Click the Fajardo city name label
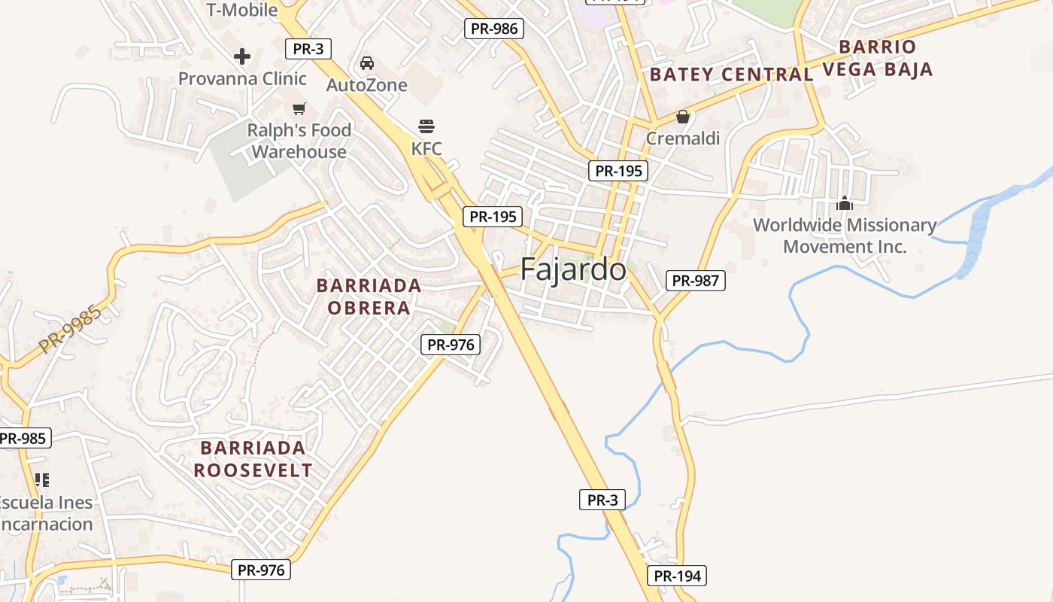[x=573, y=269]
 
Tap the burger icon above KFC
[x=426, y=126]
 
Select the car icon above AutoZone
[x=367, y=62]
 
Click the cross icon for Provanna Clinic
[x=242, y=56]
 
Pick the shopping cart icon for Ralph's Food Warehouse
[x=299, y=108]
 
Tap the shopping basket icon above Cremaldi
[x=683, y=117]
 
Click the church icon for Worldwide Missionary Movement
[x=845, y=203]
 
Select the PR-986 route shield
[x=493, y=29]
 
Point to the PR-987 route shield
[x=696, y=281]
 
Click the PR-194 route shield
[x=677, y=576]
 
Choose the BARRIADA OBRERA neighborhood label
[x=369, y=296]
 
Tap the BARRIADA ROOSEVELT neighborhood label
[x=253, y=459]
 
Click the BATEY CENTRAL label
[x=731, y=74]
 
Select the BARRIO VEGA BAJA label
[x=878, y=58]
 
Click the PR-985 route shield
[x=23, y=438]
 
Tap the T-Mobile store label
[x=241, y=10]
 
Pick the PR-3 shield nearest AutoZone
[x=308, y=49]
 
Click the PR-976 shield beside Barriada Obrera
[x=451, y=345]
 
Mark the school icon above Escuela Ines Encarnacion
[x=42, y=479]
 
